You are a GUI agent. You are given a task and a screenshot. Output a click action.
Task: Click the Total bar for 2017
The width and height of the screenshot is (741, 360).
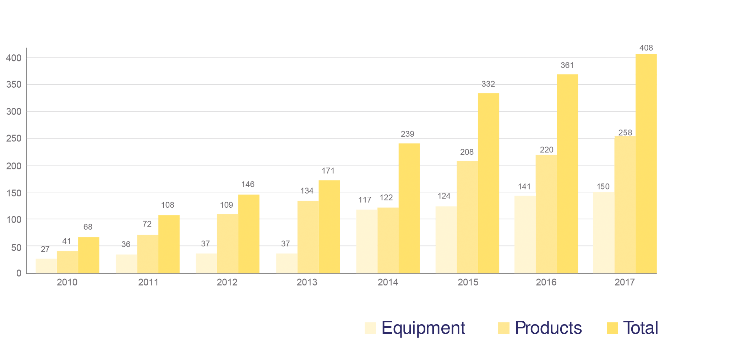click(646, 164)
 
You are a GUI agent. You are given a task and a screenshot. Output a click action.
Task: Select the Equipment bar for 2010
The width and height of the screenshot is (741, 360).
click(46, 266)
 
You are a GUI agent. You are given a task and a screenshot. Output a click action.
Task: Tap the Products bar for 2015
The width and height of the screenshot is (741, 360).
click(467, 217)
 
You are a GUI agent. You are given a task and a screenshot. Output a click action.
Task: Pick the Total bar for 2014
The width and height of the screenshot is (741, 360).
click(409, 208)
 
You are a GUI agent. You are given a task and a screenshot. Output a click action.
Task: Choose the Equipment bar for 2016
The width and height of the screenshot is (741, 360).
click(525, 234)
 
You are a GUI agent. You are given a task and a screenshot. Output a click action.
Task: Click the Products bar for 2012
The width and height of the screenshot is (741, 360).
click(228, 244)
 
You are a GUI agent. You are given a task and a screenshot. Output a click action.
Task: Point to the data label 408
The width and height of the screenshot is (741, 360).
click(646, 48)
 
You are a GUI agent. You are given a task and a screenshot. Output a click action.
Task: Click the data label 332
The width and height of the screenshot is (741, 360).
click(488, 84)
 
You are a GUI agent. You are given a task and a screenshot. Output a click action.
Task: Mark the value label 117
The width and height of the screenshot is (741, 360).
click(365, 200)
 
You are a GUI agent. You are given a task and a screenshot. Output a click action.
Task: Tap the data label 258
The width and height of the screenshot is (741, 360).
click(625, 132)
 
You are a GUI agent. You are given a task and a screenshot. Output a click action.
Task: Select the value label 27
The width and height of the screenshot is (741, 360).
click(45, 249)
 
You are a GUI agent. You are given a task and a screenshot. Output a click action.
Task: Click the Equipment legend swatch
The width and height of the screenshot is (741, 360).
click(370, 328)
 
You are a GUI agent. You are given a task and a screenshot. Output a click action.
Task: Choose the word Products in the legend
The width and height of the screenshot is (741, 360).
click(548, 328)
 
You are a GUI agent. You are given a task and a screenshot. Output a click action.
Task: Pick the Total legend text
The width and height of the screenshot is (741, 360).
click(641, 328)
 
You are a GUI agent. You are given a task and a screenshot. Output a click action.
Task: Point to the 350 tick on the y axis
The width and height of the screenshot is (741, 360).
click(14, 84)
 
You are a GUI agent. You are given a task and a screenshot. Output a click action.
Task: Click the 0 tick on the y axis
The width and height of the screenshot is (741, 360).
click(19, 273)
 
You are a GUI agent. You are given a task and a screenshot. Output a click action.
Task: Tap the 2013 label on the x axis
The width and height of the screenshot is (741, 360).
click(307, 282)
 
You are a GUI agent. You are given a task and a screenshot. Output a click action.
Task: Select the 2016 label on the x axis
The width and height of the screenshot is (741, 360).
click(546, 282)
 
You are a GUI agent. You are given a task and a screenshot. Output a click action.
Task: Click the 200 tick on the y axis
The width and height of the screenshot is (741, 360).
click(14, 166)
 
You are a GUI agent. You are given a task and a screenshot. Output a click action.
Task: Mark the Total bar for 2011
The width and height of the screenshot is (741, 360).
click(169, 244)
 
